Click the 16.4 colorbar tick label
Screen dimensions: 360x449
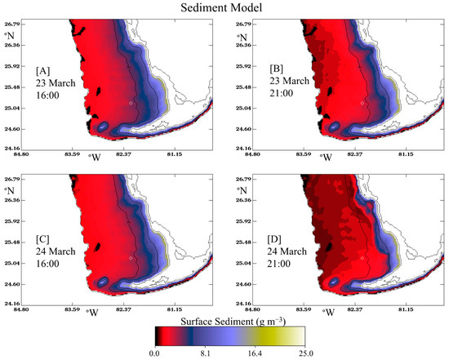[255, 353]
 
